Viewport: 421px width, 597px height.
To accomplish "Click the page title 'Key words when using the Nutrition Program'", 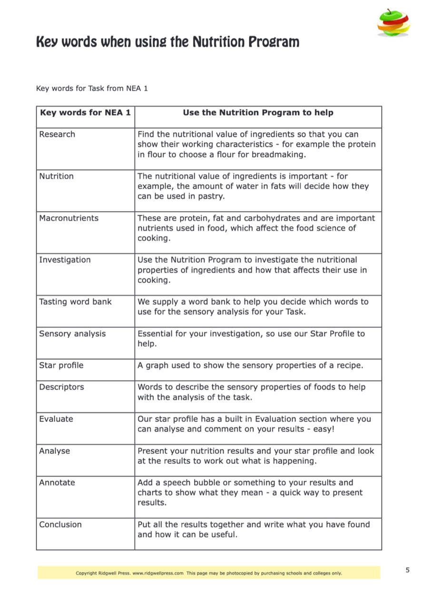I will (x=167, y=42).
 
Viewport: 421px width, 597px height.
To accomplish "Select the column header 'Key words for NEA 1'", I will (x=85, y=113).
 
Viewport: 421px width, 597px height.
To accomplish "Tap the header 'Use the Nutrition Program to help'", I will (x=258, y=113).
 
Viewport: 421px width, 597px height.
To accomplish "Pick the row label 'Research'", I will (x=57, y=134).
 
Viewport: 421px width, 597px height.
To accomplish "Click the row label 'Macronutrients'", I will (x=69, y=218).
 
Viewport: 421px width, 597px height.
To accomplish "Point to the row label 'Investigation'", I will (x=65, y=260).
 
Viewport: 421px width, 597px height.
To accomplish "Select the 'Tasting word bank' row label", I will (x=75, y=302).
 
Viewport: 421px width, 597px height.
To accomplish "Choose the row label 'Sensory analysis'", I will (x=72, y=334).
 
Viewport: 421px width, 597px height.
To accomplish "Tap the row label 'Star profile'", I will (x=61, y=366).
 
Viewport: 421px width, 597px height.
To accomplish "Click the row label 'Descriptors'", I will (x=61, y=387).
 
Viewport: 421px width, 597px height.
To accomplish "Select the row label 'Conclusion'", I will (x=60, y=525).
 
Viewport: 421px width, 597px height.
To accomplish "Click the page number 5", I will (x=407, y=570).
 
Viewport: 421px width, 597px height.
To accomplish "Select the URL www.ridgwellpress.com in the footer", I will (x=158, y=573).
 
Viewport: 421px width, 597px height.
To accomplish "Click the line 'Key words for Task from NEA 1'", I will (x=92, y=88).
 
